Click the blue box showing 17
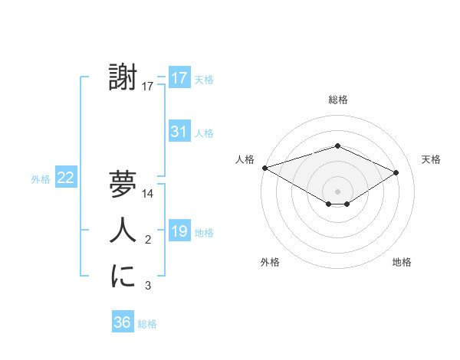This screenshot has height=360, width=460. point(179,77)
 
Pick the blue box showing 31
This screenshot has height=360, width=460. point(179,132)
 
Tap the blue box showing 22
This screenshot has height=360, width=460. point(66,178)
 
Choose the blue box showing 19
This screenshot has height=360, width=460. point(179,231)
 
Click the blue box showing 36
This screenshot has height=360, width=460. point(123,322)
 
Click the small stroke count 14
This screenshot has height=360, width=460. point(148,195)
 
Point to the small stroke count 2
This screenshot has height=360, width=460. point(148,241)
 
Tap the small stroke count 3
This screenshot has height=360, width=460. point(148,286)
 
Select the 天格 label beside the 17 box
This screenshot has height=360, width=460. point(204,79)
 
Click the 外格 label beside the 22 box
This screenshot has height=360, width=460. point(41,179)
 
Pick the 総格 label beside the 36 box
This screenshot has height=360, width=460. point(147,324)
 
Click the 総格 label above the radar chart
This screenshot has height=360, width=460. point(338,100)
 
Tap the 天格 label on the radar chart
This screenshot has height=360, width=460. point(431,159)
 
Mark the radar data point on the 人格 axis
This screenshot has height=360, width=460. point(264,168)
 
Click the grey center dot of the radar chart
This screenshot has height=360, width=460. point(337,191)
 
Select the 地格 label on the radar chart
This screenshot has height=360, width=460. point(402,262)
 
